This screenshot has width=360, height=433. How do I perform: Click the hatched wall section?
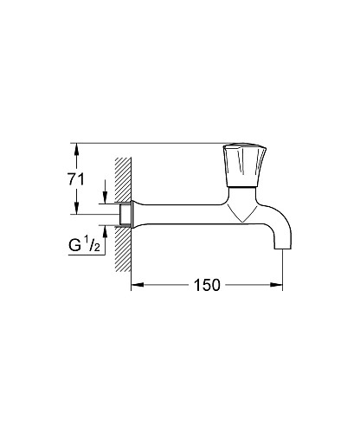tap(123, 195)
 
